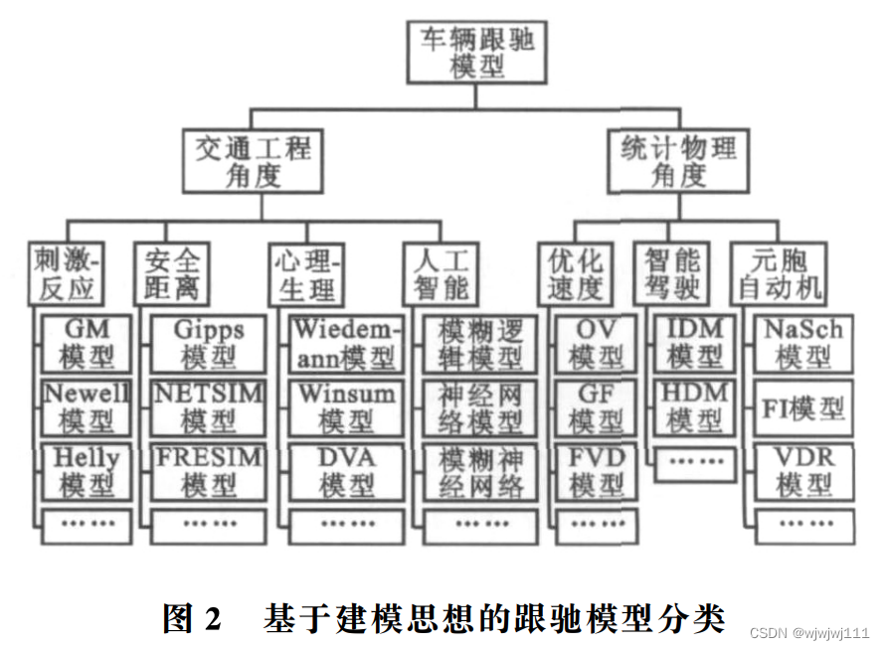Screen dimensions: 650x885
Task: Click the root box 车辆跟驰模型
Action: point(477,53)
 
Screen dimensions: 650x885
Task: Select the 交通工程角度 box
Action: point(253,162)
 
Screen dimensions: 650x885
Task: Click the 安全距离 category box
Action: point(171,274)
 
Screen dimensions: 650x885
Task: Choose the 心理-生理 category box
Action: point(307,274)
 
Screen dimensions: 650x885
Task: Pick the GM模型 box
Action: point(88,343)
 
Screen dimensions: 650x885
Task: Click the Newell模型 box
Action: point(88,407)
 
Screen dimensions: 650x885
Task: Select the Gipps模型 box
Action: point(209,343)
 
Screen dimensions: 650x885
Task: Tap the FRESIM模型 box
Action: point(209,472)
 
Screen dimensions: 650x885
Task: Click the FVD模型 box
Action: point(597,472)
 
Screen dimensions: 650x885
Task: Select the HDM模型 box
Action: point(696,407)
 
